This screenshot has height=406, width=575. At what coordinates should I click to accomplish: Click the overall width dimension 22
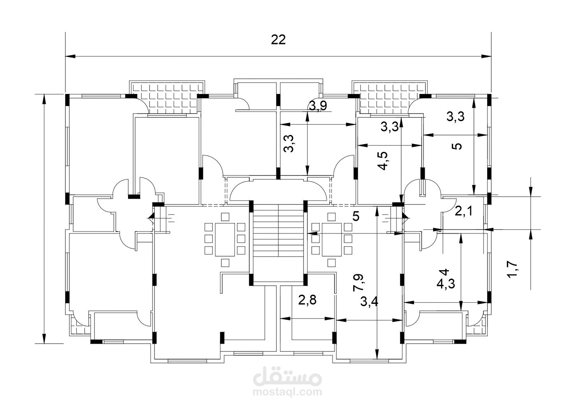[x=278, y=40]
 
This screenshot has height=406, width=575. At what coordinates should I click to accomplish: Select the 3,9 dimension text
[x=318, y=106]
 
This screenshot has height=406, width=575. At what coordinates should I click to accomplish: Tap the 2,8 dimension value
[x=307, y=300]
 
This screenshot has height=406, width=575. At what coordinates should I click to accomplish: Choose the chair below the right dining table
[x=332, y=263]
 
